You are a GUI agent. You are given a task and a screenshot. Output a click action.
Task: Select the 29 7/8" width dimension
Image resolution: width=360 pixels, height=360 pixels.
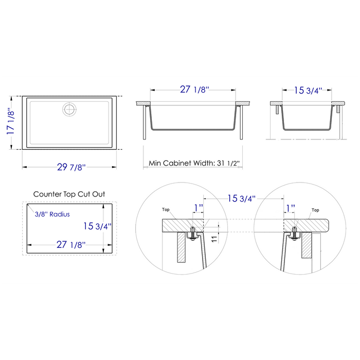click(71, 167)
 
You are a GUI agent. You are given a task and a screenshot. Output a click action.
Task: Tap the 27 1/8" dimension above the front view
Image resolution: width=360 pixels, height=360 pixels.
click(194, 90)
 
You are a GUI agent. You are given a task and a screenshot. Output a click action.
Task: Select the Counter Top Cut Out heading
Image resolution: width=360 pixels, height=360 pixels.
click(69, 194)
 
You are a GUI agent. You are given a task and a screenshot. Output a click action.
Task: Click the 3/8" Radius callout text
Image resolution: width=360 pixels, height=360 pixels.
click(52, 214)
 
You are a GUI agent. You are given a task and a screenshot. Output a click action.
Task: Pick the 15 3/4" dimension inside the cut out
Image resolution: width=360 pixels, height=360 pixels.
click(97, 225)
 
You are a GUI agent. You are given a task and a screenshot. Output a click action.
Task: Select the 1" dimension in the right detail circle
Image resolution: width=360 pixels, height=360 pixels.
click(291, 207)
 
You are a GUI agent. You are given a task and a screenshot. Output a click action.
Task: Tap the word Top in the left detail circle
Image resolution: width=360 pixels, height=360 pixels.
click(166, 210)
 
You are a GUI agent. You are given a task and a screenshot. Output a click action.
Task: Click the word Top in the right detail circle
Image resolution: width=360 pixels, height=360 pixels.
click(316, 210)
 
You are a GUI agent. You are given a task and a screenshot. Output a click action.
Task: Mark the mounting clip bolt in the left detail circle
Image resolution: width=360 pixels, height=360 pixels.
click(191, 232)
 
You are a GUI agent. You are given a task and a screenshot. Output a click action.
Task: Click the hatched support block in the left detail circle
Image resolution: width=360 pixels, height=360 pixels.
click(181, 247)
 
